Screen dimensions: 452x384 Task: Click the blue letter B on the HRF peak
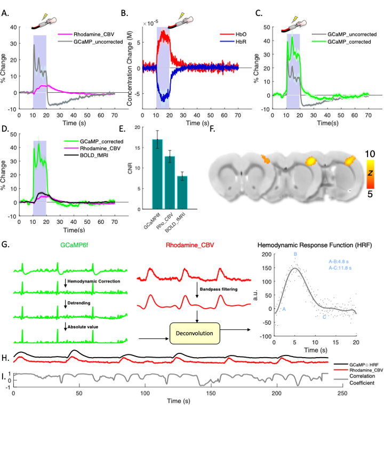click(x=295, y=255)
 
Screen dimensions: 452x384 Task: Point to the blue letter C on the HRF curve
click(x=324, y=318)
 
